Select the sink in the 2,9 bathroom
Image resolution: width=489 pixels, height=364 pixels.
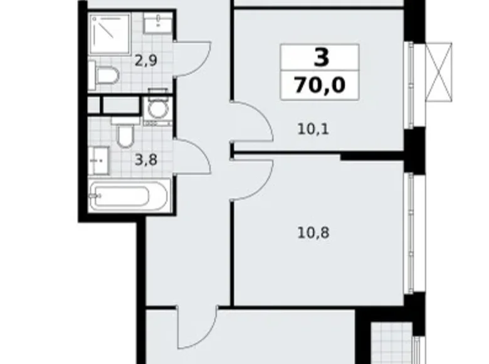[154, 24]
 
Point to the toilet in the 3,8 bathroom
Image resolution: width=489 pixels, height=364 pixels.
[125, 134]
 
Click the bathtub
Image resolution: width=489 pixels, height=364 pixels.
[128, 196]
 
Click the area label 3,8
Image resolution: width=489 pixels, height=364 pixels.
[145, 160]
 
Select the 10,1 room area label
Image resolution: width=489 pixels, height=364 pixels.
[313, 131]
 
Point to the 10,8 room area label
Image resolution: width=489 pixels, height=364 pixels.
[313, 233]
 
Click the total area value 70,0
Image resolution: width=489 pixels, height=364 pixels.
[320, 85]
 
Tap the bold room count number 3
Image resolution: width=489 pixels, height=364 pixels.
[320, 58]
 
